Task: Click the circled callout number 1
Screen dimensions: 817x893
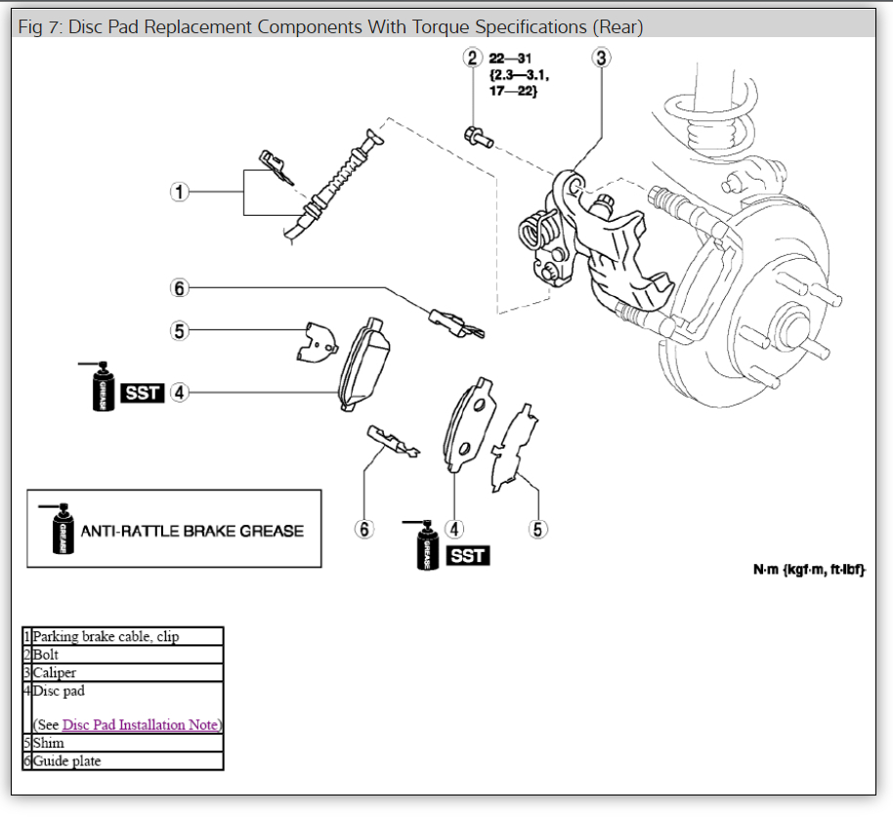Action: point(179,192)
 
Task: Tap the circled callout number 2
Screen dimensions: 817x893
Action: point(473,58)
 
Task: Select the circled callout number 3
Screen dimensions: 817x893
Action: point(601,58)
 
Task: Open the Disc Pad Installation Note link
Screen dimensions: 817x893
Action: point(141,725)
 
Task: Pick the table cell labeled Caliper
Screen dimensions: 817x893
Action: point(55,672)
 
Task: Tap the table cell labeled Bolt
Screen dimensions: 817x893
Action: point(46,655)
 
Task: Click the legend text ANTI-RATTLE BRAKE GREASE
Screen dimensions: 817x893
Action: point(191,531)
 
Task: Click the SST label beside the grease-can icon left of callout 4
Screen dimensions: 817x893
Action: point(143,393)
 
